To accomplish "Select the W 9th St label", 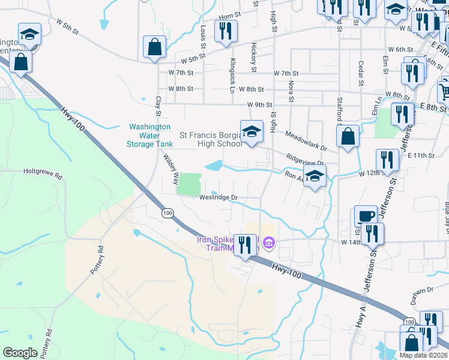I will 260,105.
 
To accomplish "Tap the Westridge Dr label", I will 218,197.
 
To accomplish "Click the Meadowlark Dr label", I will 306,142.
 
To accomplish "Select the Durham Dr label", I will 423,290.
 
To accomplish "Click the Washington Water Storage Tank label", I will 149,136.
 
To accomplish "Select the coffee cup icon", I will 366,215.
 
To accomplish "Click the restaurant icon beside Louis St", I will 226,31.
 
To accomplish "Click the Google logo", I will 20,353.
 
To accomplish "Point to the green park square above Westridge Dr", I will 190,183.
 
